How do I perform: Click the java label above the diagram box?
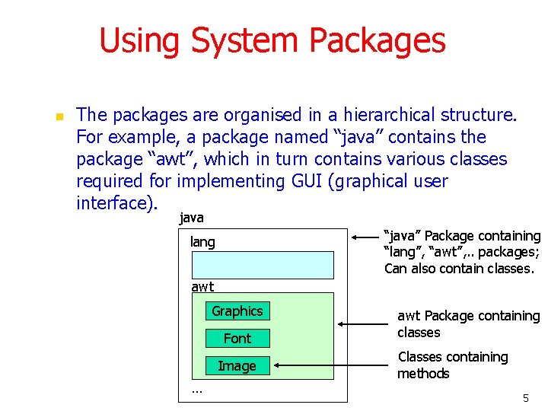pos(191,218)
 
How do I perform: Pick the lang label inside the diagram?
pos(202,242)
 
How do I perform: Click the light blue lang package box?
pos(263,265)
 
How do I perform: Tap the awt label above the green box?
pos(202,287)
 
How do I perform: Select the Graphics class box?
pos(237,311)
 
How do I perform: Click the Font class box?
pos(237,338)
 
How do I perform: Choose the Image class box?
pos(237,366)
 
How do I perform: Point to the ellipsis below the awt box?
pos(197,390)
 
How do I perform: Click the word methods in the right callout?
pos(423,374)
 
